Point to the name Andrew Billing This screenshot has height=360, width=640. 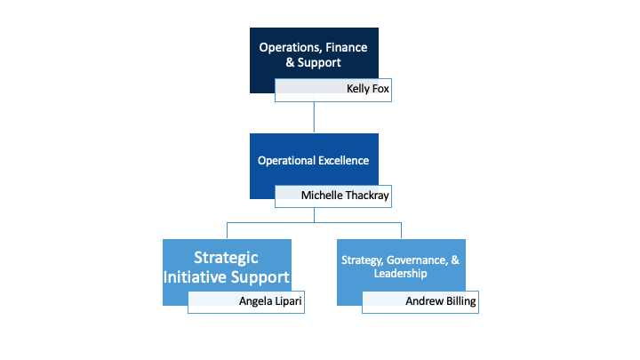pyautogui.click(x=441, y=301)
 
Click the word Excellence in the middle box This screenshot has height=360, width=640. pyautogui.click(x=339, y=161)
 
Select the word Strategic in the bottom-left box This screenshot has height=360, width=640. pyautogui.click(x=228, y=258)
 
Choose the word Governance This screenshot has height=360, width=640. pyautogui.click(x=417, y=260)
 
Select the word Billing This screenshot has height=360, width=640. pyautogui.click(x=460, y=301)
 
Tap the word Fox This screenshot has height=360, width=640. pyautogui.click(x=380, y=88)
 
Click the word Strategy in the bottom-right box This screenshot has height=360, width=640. pyautogui.click(x=362, y=260)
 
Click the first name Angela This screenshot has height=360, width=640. pyautogui.click(x=255, y=301)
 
